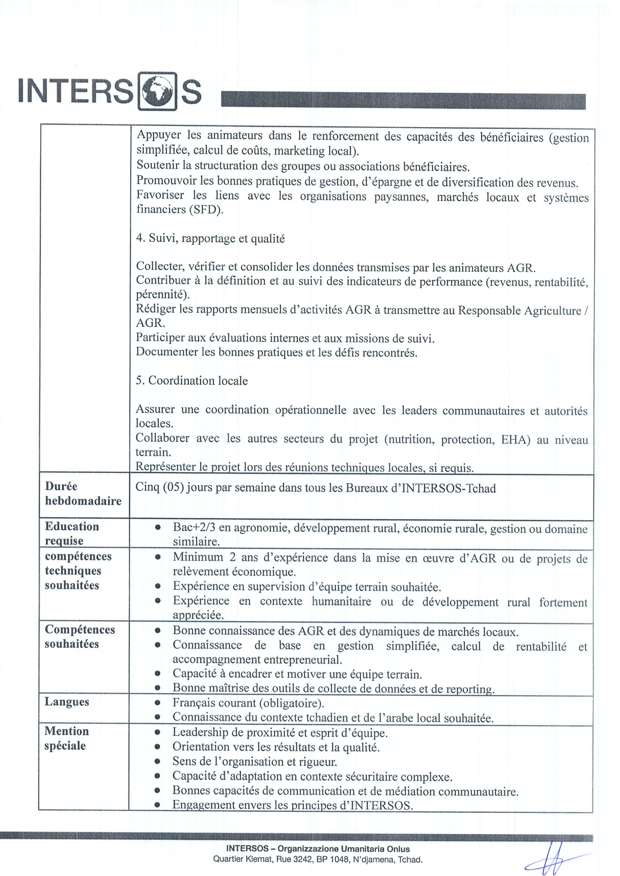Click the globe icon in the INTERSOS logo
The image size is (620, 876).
coord(157,91)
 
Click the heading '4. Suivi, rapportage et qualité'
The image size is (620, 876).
coord(210,238)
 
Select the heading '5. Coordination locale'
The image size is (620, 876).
coord(192,381)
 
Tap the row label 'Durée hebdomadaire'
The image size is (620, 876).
coord(83,493)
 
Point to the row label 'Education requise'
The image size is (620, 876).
coord(72,533)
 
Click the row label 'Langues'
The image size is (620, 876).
coord(67,702)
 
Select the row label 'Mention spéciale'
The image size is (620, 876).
coord(66,738)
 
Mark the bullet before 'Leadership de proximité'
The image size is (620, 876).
coord(157,732)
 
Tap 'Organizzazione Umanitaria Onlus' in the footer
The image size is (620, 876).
coord(344,849)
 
